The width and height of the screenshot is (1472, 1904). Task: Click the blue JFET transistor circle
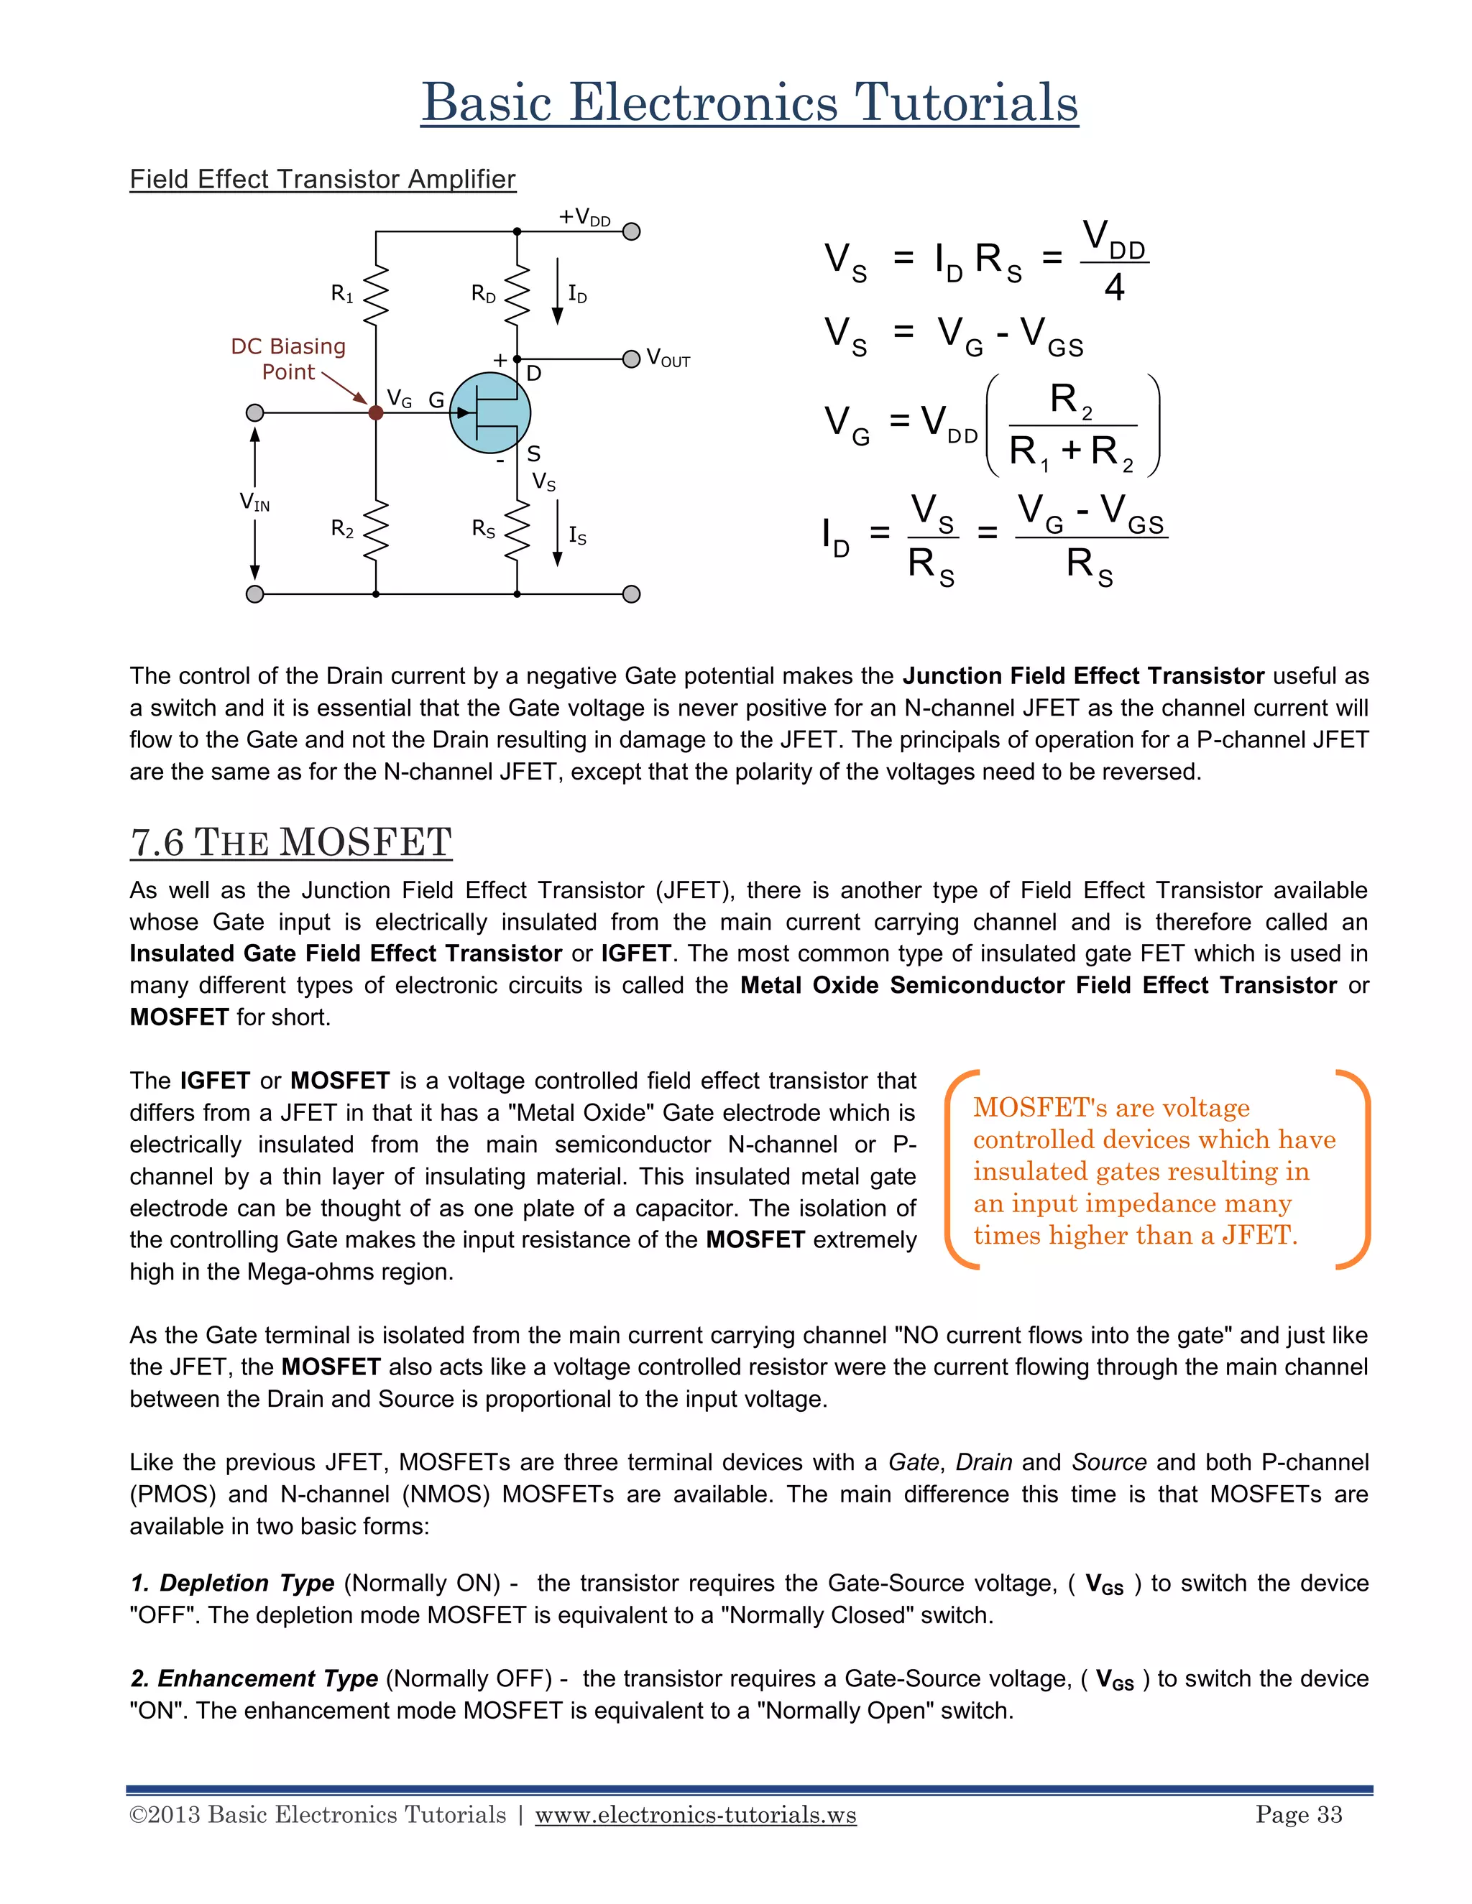489,412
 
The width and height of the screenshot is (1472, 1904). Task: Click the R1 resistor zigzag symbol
376,294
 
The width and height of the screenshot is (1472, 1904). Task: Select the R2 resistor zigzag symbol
376,531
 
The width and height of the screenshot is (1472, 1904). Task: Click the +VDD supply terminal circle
631,231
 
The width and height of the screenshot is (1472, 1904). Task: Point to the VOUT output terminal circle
631,359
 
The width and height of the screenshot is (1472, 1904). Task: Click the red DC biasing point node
376,412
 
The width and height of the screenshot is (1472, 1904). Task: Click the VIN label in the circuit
254,502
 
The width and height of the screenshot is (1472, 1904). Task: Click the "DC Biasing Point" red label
289,359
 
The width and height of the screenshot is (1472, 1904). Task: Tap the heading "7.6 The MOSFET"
290,842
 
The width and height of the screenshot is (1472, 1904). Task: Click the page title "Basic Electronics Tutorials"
749,102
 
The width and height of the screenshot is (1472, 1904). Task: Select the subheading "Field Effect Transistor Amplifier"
323,179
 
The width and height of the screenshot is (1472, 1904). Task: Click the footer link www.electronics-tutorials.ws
695,1814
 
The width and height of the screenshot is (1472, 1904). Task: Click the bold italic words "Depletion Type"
247,1582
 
